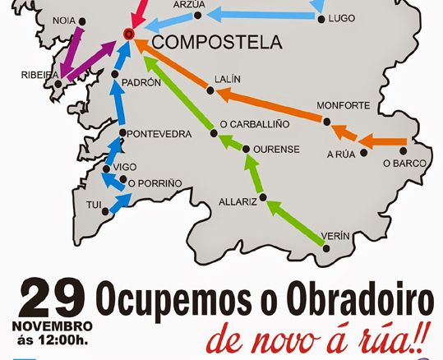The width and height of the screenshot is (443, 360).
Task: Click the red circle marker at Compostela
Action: point(127,34)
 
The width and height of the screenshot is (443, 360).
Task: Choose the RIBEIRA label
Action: point(39,75)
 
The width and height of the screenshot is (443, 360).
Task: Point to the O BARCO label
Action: point(404,164)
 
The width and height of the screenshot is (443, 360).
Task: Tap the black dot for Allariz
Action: point(263,197)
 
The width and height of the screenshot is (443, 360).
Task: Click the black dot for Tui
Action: point(105,211)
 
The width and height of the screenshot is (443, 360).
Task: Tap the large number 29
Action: point(53,300)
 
